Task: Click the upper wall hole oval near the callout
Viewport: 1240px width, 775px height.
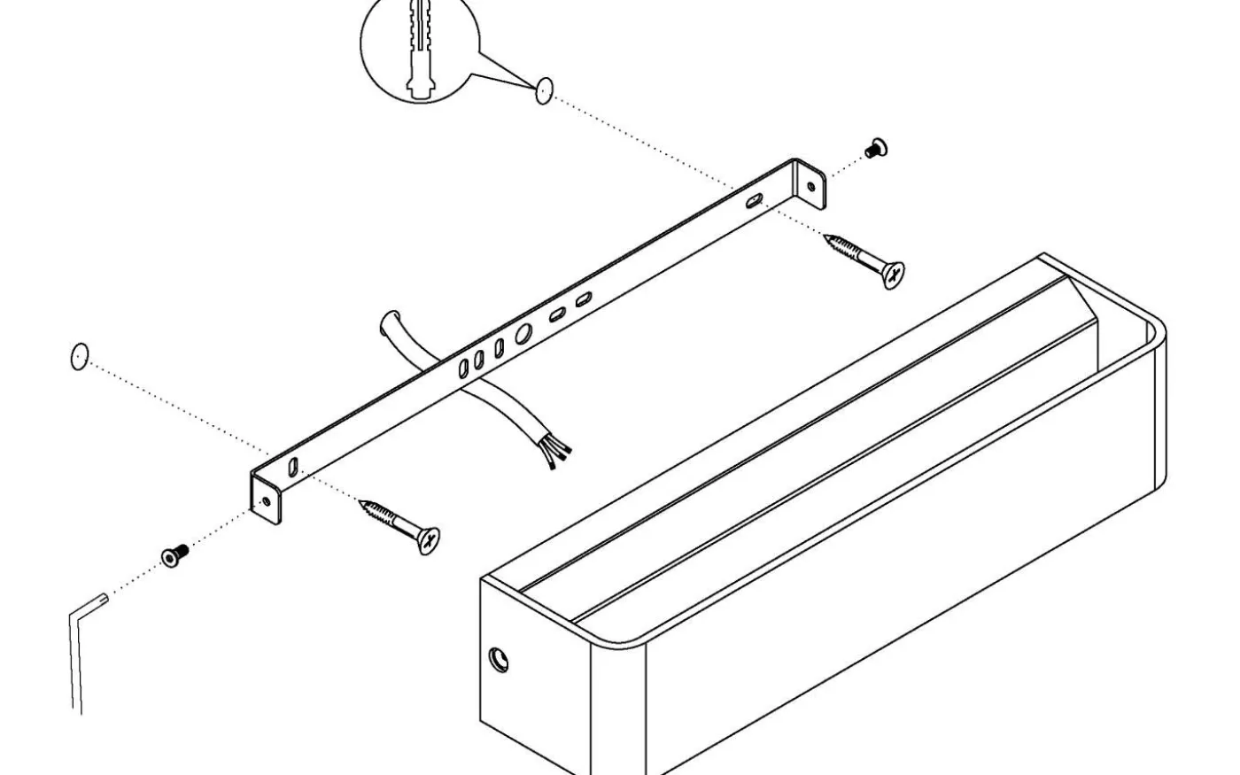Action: pyautogui.click(x=544, y=90)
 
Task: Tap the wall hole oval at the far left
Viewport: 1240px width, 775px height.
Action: pyautogui.click(x=79, y=357)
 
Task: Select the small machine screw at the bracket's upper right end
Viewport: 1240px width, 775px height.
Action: pyautogui.click(x=877, y=149)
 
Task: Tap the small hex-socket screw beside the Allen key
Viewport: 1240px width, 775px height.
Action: pyautogui.click(x=175, y=555)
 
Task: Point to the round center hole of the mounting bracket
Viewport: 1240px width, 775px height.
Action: pyautogui.click(x=523, y=334)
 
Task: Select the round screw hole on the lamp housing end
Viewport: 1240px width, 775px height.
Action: pyautogui.click(x=500, y=659)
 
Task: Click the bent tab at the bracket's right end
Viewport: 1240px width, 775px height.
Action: pyautogui.click(x=811, y=183)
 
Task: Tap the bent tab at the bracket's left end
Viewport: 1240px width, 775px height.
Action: pyautogui.click(x=265, y=500)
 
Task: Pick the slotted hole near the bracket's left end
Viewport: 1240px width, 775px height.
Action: pyautogui.click(x=293, y=467)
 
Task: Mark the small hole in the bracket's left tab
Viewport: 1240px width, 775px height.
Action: pyautogui.click(x=267, y=500)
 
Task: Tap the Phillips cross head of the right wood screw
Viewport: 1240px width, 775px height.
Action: pyautogui.click(x=894, y=275)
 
